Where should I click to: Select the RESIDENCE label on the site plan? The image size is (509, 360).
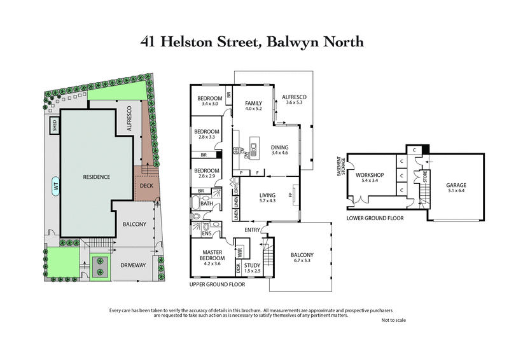pyautogui.click(x=97, y=176)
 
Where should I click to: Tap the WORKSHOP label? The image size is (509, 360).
pyautogui.click(x=369, y=174)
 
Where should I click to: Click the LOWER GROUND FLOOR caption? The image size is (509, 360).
pyautogui.click(x=375, y=218)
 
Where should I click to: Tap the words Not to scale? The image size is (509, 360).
pyautogui.click(x=393, y=320)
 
